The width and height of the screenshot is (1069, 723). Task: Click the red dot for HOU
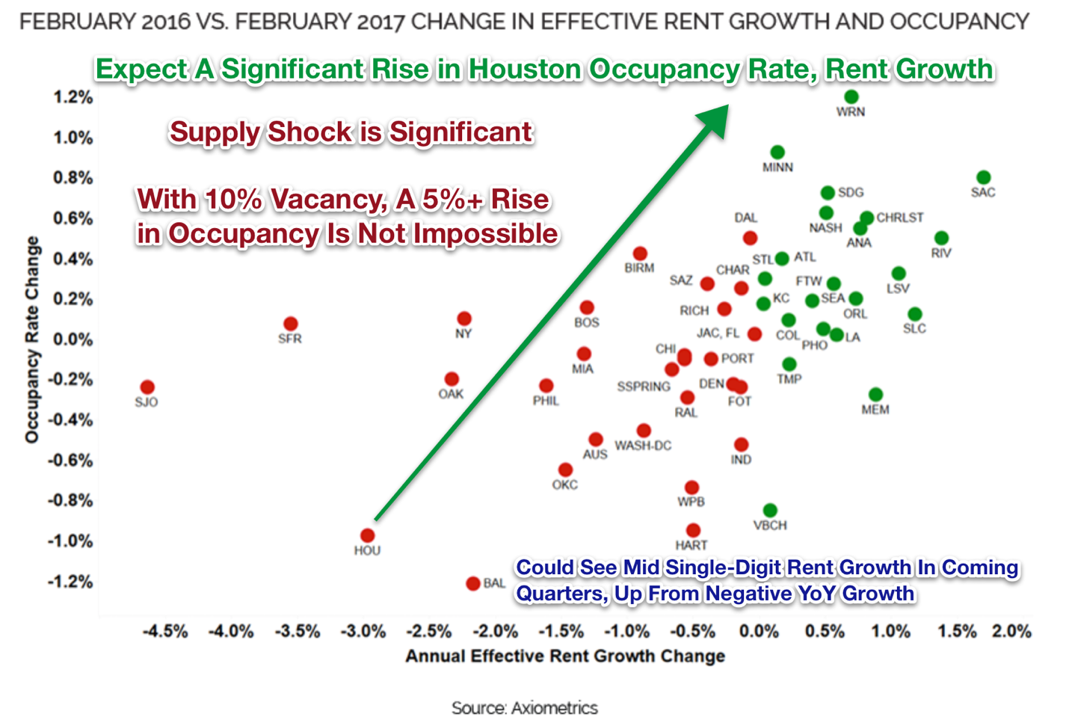(x=367, y=535)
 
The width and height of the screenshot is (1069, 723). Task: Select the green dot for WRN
(x=851, y=96)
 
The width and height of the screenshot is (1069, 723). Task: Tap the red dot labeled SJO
(x=147, y=387)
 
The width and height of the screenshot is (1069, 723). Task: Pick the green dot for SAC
(x=983, y=177)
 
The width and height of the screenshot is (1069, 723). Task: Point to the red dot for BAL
(x=472, y=583)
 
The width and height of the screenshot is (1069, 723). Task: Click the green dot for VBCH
(x=770, y=511)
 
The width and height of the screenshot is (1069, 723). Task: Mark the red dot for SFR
(x=291, y=324)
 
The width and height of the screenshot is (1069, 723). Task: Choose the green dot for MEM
(x=875, y=395)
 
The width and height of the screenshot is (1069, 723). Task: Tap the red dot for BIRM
(x=640, y=253)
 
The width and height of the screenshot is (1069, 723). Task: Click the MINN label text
(x=777, y=167)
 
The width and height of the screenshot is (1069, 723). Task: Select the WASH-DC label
(x=643, y=446)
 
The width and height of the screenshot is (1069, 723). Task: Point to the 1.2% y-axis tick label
(x=73, y=97)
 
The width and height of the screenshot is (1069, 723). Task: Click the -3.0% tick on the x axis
(x=363, y=632)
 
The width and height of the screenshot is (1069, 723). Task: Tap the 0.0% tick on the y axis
(x=73, y=339)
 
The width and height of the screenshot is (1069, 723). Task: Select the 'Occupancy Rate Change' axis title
(x=31, y=339)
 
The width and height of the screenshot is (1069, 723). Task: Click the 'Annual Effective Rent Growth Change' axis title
(x=565, y=656)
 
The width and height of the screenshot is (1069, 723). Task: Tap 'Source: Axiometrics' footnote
(x=524, y=707)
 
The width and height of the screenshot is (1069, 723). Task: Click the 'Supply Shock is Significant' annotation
(x=351, y=132)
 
